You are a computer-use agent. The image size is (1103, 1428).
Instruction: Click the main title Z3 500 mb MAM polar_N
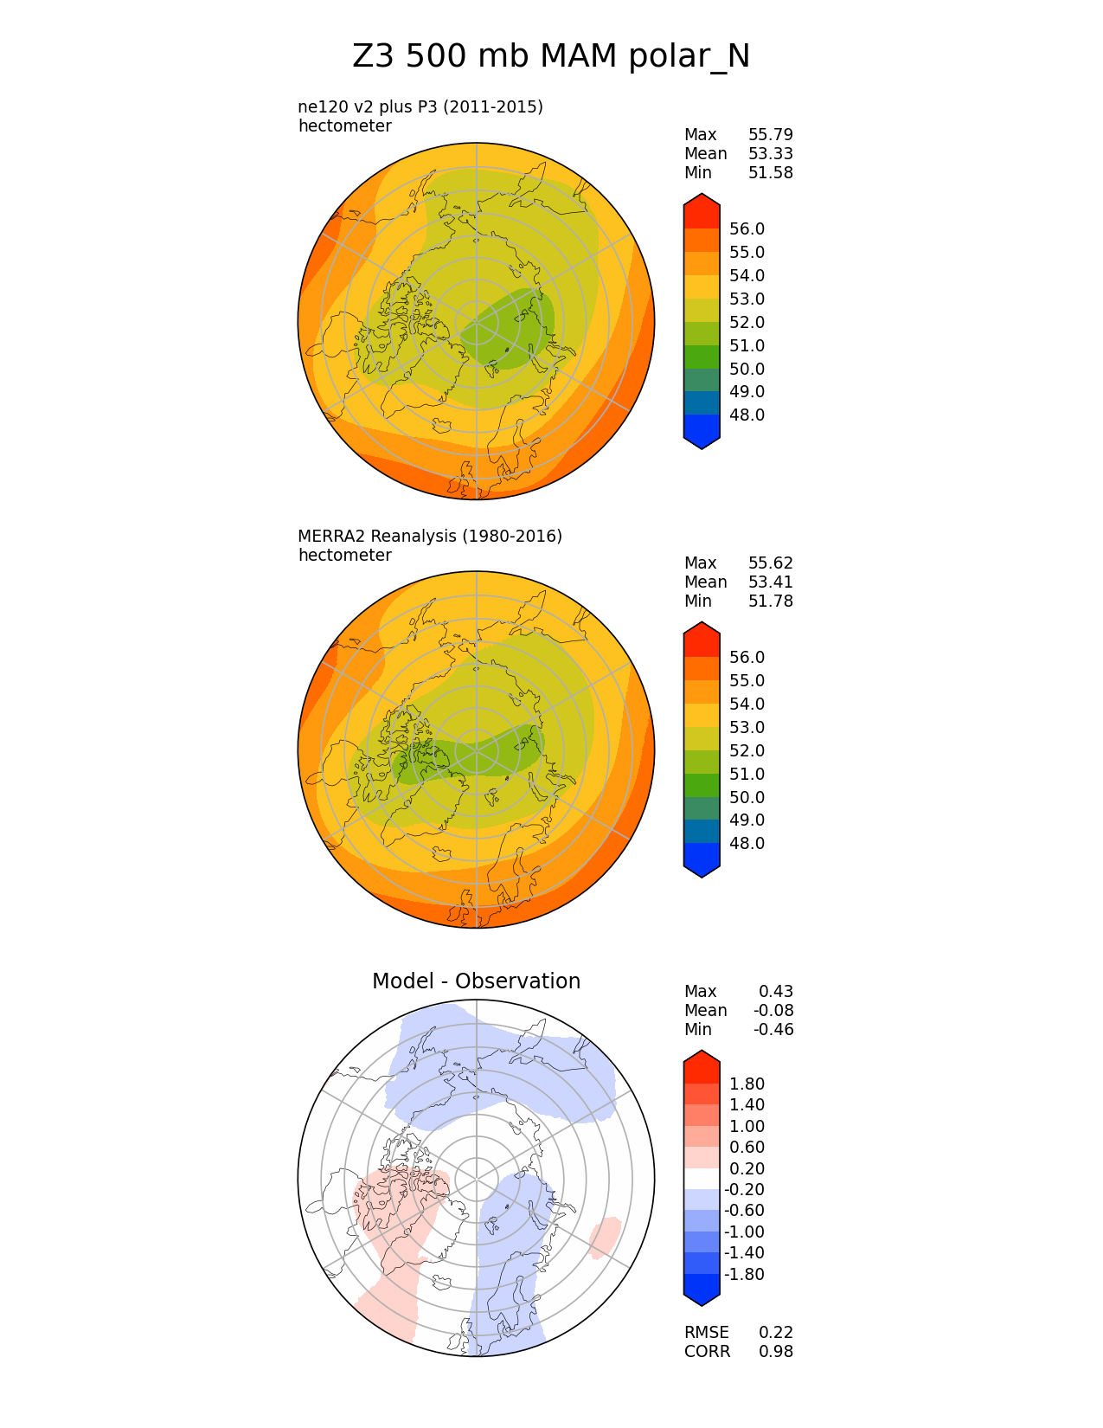click(x=551, y=57)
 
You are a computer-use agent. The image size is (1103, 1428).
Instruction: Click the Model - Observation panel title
click(x=476, y=981)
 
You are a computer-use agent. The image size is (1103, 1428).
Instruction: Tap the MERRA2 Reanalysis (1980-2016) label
click(x=430, y=537)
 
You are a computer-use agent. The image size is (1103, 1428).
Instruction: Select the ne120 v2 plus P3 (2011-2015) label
click(x=420, y=107)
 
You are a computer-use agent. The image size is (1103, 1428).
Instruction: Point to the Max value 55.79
click(x=770, y=135)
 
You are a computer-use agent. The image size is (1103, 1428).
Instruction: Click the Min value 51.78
click(x=770, y=601)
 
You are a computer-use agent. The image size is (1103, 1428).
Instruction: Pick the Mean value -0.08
click(x=773, y=1011)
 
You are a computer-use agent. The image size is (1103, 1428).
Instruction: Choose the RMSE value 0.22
click(x=775, y=1333)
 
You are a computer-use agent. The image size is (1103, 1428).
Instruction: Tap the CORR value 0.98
click(x=775, y=1352)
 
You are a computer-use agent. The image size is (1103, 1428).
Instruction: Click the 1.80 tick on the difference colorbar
click(x=747, y=1084)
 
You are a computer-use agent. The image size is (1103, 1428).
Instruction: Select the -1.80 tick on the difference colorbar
click(x=744, y=1275)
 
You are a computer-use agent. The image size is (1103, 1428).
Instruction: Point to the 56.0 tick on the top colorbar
click(x=747, y=229)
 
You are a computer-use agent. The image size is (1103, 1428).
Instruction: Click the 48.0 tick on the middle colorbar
click(x=747, y=844)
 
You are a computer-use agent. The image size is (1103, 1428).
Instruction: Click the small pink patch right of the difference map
click(x=604, y=1237)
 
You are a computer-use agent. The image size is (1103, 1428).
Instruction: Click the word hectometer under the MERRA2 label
click(x=344, y=556)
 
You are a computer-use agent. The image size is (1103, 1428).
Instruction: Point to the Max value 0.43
click(x=775, y=992)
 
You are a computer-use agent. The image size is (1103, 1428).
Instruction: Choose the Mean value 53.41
click(x=770, y=582)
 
